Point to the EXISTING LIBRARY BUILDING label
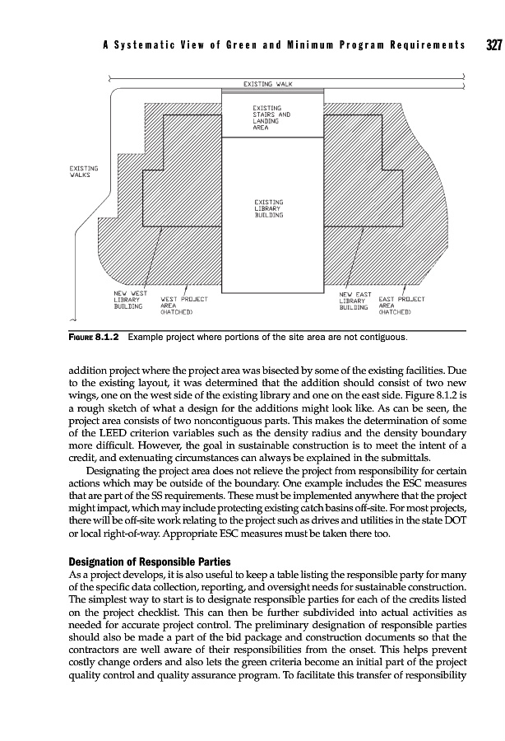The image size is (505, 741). click(268, 208)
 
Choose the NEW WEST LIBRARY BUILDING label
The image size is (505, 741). click(130, 299)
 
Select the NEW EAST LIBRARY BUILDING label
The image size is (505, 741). click(356, 299)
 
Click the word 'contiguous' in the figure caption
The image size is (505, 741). click(380, 338)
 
